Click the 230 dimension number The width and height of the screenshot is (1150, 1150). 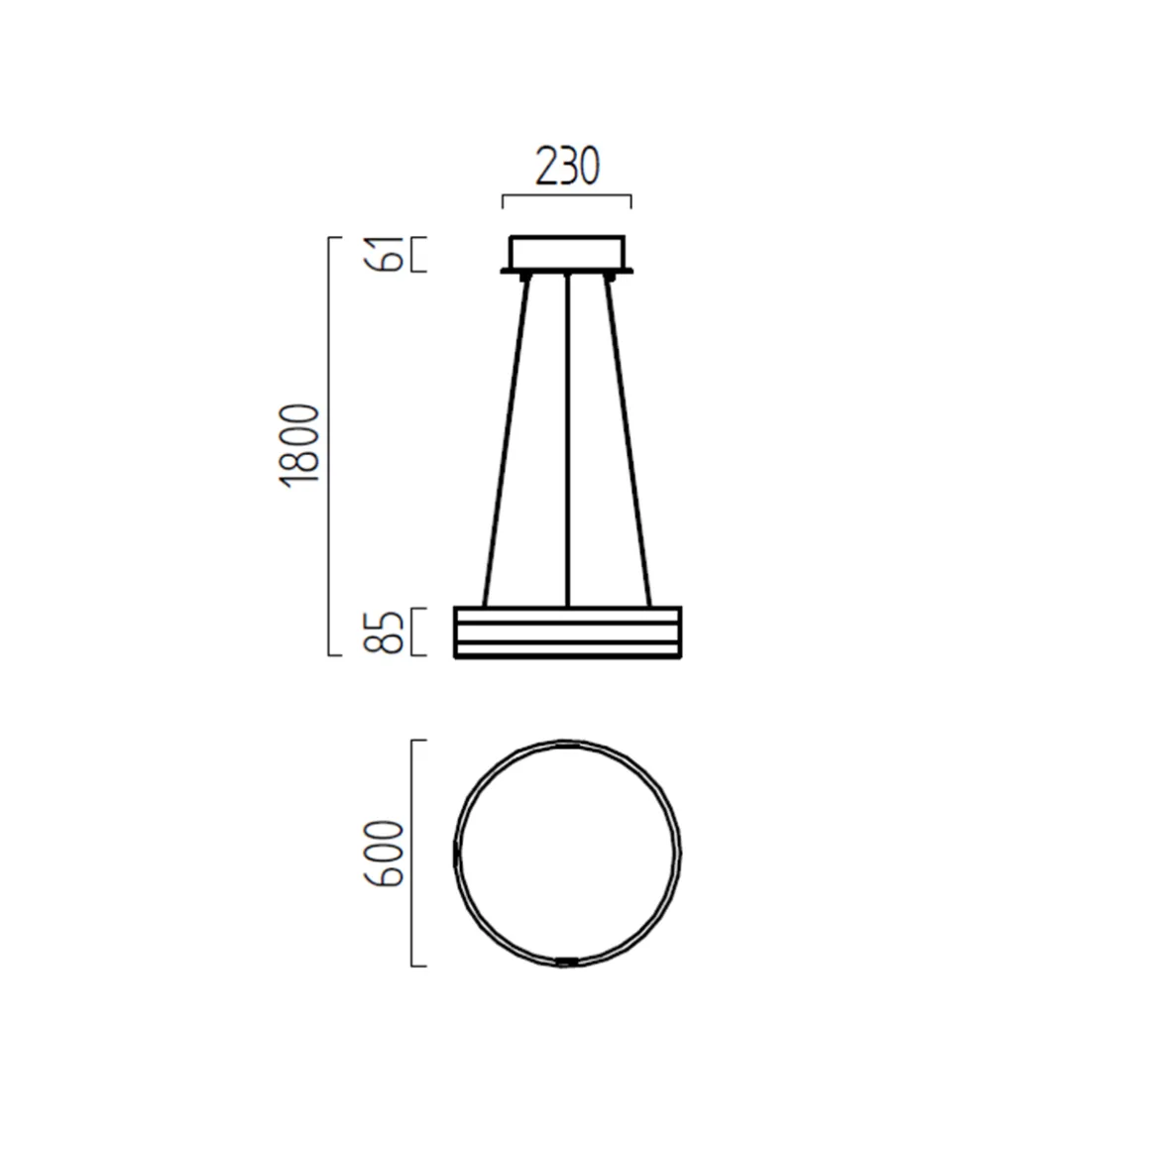pyautogui.click(x=567, y=167)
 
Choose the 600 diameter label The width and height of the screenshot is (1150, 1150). pyautogui.click(x=385, y=853)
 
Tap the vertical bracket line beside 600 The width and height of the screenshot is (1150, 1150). pyautogui.click(x=412, y=853)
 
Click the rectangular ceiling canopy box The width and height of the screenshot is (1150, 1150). pyautogui.click(x=567, y=252)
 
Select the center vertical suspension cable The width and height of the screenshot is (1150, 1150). pyautogui.click(x=567, y=441)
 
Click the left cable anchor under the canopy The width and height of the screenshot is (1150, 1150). pyautogui.click(x=522, y=278)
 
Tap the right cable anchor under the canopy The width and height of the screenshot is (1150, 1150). pyautogui.click(x=612, y=278)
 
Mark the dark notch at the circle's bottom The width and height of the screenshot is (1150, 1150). pyautogui.click(x=567, y=961)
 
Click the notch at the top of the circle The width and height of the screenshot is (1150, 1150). pyautogui.click(x=567, y=743)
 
